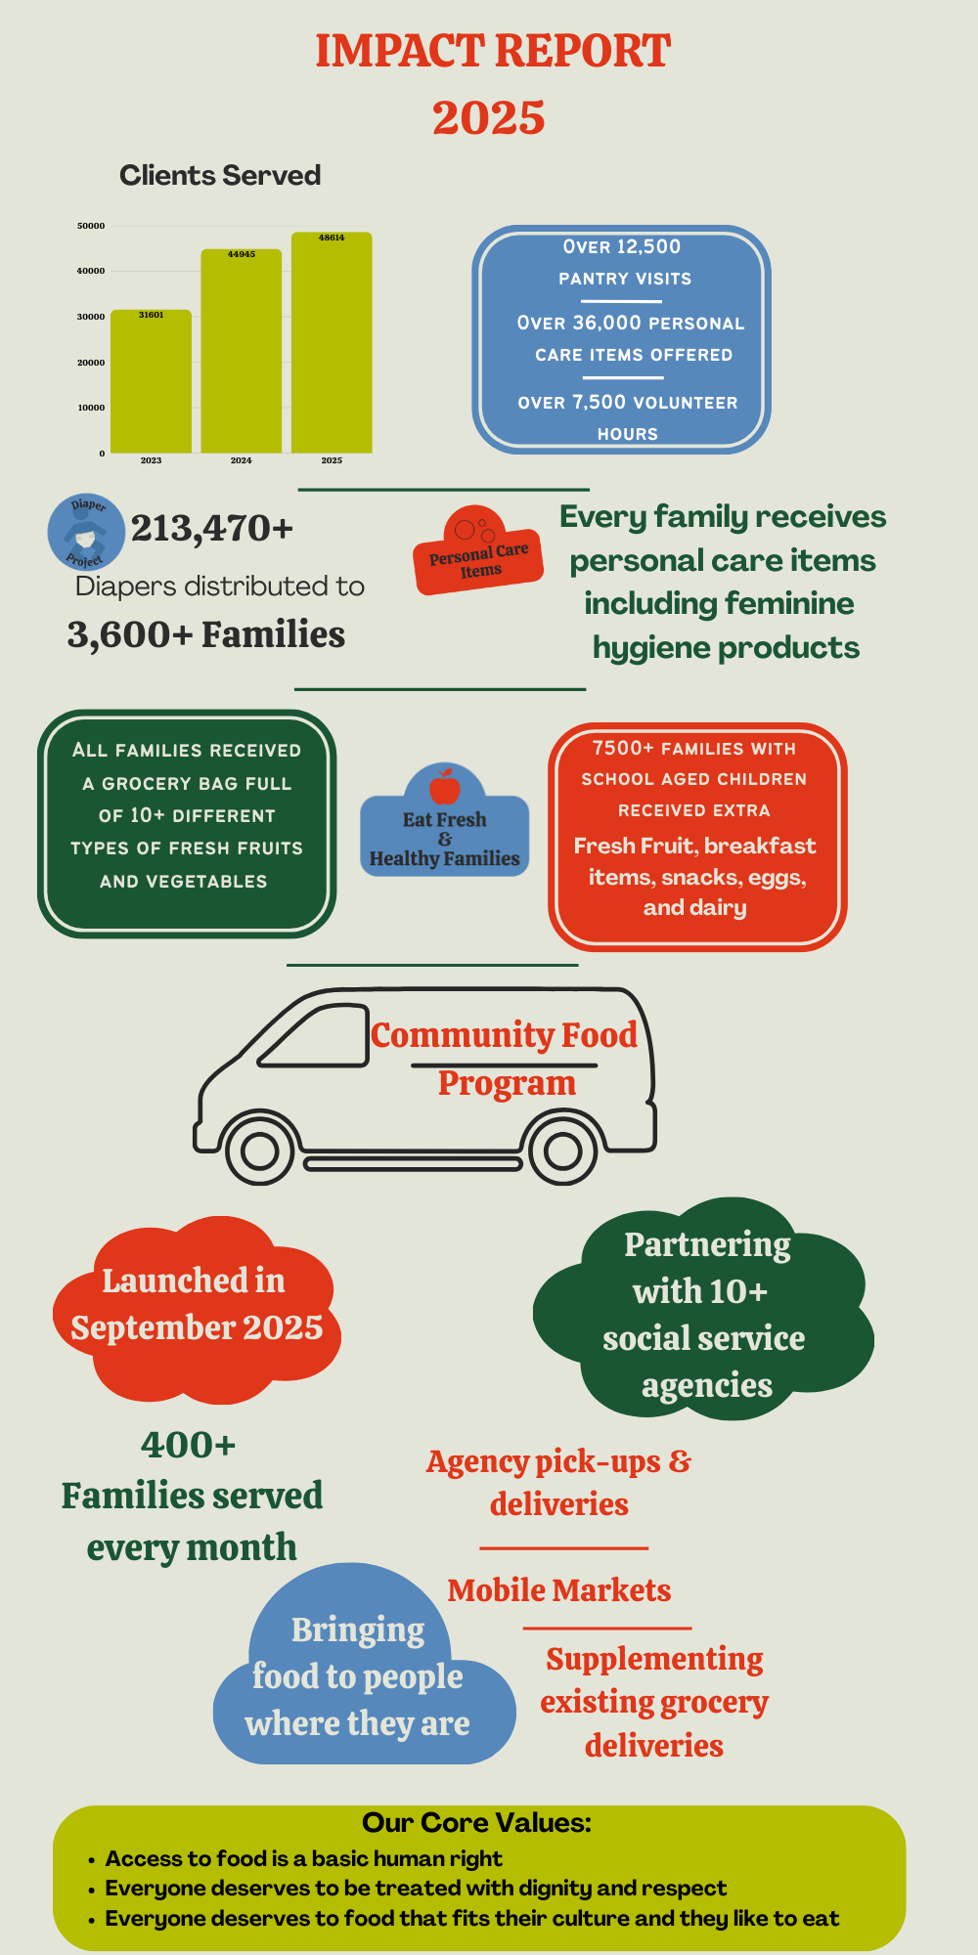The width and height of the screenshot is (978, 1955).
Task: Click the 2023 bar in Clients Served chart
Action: coord(151,381)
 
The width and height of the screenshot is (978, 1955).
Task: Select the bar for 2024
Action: coord(241,352)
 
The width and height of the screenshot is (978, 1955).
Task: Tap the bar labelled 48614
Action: coord(332,342)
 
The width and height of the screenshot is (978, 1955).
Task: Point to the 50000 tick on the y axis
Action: coord(91,226)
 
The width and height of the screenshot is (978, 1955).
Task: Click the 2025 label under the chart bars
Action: coord(332,460)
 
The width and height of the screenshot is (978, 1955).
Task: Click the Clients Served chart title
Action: coord(220,175)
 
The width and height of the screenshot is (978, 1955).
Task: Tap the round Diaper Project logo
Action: coord(86,532)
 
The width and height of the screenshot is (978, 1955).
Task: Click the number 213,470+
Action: coord(212,528)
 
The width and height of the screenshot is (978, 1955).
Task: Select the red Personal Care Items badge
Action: coord(478,553)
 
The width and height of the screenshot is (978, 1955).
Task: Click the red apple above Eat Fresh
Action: coord(445,785)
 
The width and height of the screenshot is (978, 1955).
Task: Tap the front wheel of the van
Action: coord(260,1151)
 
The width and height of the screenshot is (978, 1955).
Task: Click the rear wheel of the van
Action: coord(562,1151)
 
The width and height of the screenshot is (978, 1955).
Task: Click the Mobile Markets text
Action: coord(559,1590)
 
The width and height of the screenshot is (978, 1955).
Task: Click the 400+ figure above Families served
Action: coord(189,1444)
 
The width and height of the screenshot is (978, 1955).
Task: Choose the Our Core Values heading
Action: coord(476,1823)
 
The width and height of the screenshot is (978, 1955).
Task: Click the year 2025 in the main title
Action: coord(489,117)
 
